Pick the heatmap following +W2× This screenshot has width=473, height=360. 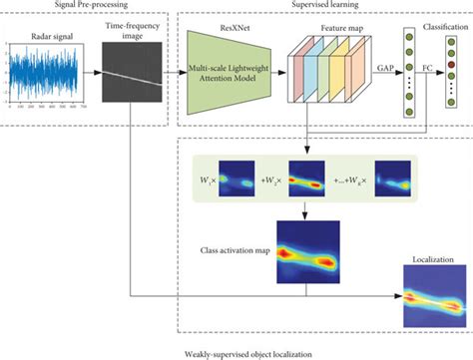tap(307, 181)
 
